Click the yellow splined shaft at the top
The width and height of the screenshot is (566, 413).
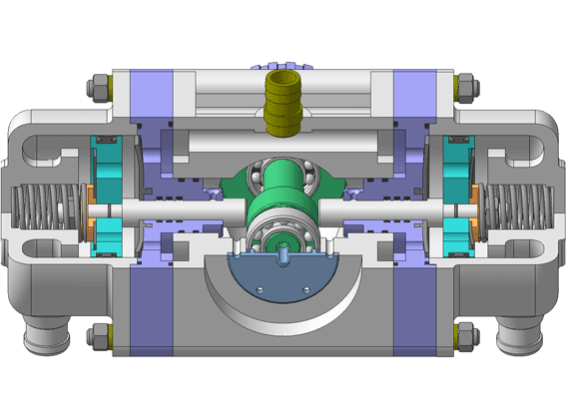pos(283,102)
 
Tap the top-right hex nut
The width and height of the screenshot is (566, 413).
pos(464,87)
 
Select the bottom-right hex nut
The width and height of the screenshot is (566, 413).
pos(464,336)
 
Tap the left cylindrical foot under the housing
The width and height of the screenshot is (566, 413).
pos(42,339)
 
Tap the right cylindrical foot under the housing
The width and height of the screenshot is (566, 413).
pos(522,339)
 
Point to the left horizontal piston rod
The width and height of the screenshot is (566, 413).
pos(170,211)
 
